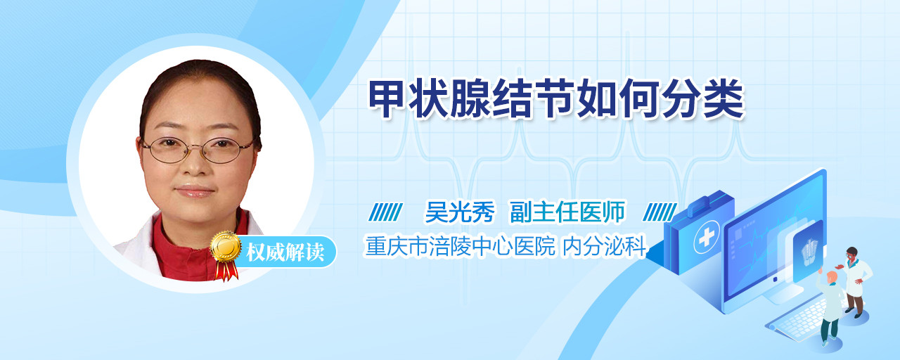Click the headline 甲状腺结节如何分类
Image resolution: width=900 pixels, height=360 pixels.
557,99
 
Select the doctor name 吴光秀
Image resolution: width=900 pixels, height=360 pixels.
460,212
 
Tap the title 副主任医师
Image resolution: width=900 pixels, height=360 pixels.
567,212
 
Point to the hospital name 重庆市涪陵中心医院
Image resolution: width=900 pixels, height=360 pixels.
460,246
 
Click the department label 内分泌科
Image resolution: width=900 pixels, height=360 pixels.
604,246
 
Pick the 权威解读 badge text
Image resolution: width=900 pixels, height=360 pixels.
285,252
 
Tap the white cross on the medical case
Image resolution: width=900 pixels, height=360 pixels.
707,237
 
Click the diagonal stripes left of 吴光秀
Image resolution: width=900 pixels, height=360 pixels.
385,212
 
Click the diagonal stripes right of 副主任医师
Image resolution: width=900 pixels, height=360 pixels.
660,212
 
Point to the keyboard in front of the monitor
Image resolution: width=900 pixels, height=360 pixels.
799,322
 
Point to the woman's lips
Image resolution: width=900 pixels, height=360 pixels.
195,191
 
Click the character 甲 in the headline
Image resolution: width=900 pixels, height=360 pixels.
387,99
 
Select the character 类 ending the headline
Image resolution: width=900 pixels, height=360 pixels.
725,99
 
